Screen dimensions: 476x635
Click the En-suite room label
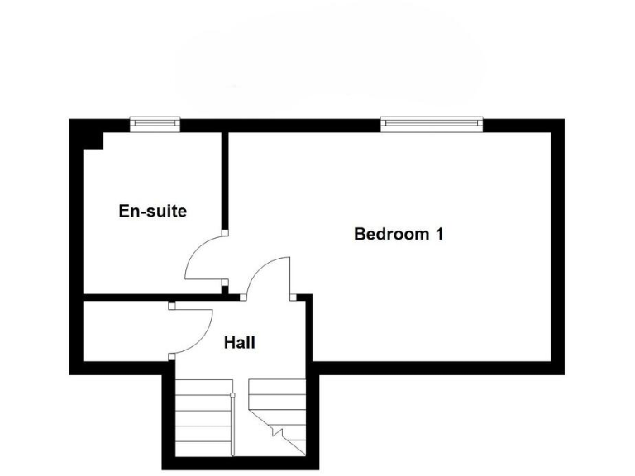(153, 211)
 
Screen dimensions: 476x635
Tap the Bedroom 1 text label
(399, 234)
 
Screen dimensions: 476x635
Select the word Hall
(240, 342)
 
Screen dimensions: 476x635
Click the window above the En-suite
(155, 124)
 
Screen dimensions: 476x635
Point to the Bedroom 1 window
(431, 124)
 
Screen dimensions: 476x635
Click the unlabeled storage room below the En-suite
(124, 331)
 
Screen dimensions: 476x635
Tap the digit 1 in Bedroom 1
(439, 234)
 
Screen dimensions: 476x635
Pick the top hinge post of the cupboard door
(172, 307)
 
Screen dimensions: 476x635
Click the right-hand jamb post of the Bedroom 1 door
(294, 296)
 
